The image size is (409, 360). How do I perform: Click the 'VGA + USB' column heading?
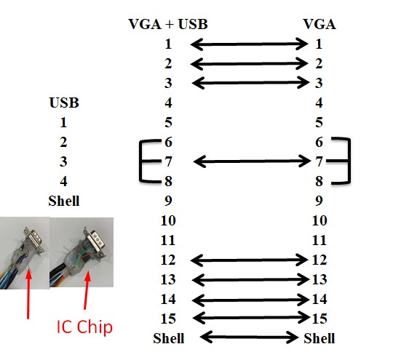168,24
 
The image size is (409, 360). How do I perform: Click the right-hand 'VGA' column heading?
319,24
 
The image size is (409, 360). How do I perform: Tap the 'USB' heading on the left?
64,103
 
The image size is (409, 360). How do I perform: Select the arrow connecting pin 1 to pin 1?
249,44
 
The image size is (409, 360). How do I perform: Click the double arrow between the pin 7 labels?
252,161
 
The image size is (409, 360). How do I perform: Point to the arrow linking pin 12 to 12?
249,260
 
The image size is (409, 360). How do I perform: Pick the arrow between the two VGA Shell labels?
249,337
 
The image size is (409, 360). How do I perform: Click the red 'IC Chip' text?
84,327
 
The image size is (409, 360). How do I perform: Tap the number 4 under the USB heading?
63,181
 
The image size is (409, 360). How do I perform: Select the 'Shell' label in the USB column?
64,201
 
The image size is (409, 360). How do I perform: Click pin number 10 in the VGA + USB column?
168,221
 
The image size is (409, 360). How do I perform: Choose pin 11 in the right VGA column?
319,240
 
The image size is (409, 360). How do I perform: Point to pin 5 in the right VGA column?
319,122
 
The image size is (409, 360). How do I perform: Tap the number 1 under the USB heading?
63,122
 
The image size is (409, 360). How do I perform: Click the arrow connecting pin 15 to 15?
251,318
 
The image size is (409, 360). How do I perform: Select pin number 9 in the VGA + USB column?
168,201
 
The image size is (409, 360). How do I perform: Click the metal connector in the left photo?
34,240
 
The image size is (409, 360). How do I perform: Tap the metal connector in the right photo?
95,241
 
